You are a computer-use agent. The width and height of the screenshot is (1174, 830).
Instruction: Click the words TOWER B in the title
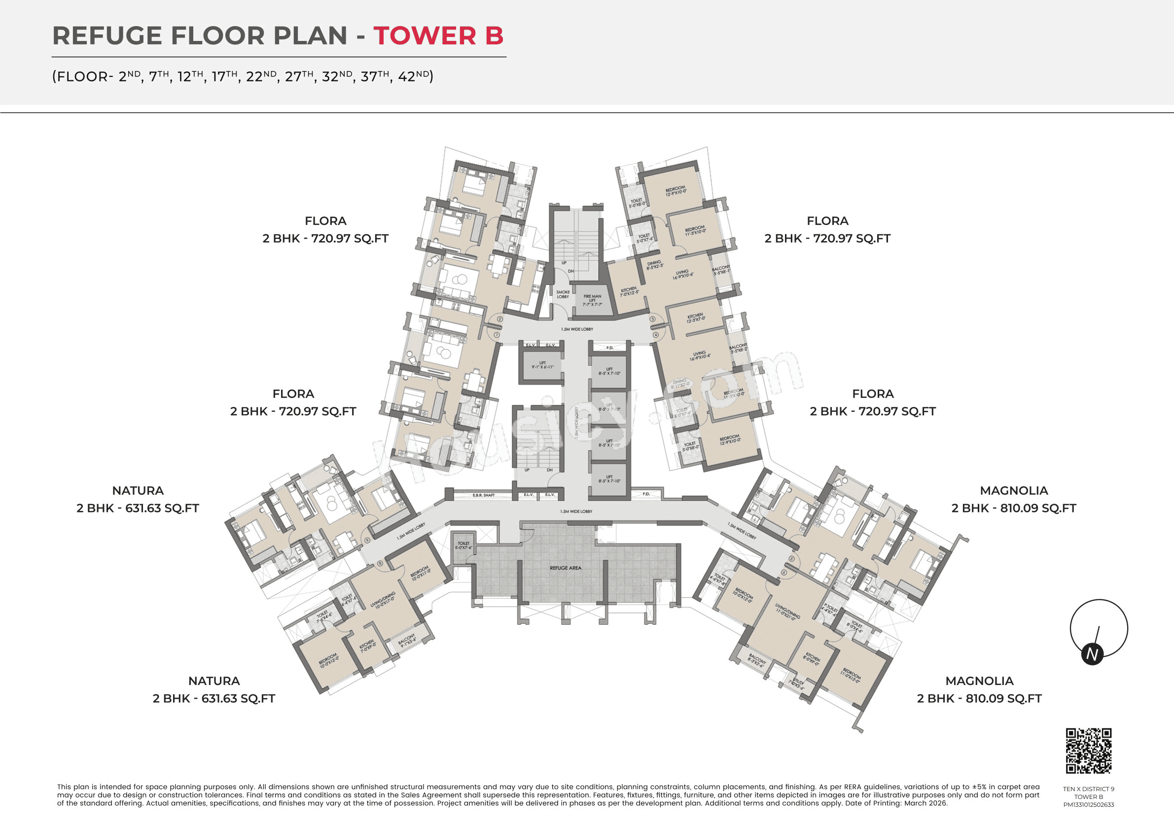tap(438, 36)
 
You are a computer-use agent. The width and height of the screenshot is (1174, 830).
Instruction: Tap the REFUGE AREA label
tap(565, 568)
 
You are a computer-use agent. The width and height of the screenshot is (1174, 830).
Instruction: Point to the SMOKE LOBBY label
tap(563, 294)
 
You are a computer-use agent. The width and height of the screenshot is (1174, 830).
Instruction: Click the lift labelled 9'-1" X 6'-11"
tap(542, 365)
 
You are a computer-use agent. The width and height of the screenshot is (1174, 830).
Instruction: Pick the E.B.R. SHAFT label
tap(483, 495)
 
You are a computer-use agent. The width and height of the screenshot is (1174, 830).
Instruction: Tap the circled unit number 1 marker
tap(496, 335)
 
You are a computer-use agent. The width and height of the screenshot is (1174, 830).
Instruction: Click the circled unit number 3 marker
tap(652, 319)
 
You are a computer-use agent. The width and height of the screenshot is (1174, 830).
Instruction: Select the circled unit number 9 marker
tap(367, 540)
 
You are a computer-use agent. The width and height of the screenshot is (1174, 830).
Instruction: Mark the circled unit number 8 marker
tap(380, 564)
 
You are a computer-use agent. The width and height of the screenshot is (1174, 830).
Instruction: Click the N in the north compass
tap(1092, 654)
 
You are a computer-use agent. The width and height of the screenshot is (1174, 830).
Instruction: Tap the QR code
tap(1089, 751)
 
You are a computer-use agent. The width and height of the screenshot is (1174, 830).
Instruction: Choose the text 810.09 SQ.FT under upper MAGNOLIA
tap(1038, 508)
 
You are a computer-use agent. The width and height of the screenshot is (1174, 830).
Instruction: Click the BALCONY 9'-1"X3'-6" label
tap(406, 641)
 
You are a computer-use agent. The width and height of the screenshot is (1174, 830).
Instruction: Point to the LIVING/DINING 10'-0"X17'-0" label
tap(383, 600)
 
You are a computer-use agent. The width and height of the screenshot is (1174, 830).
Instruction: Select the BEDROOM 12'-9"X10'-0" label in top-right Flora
tap(675, 191)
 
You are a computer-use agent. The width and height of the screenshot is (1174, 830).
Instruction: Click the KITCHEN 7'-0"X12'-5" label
tap(629, 291)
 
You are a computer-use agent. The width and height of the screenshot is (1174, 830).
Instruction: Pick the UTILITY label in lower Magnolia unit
tap(797, 684)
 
